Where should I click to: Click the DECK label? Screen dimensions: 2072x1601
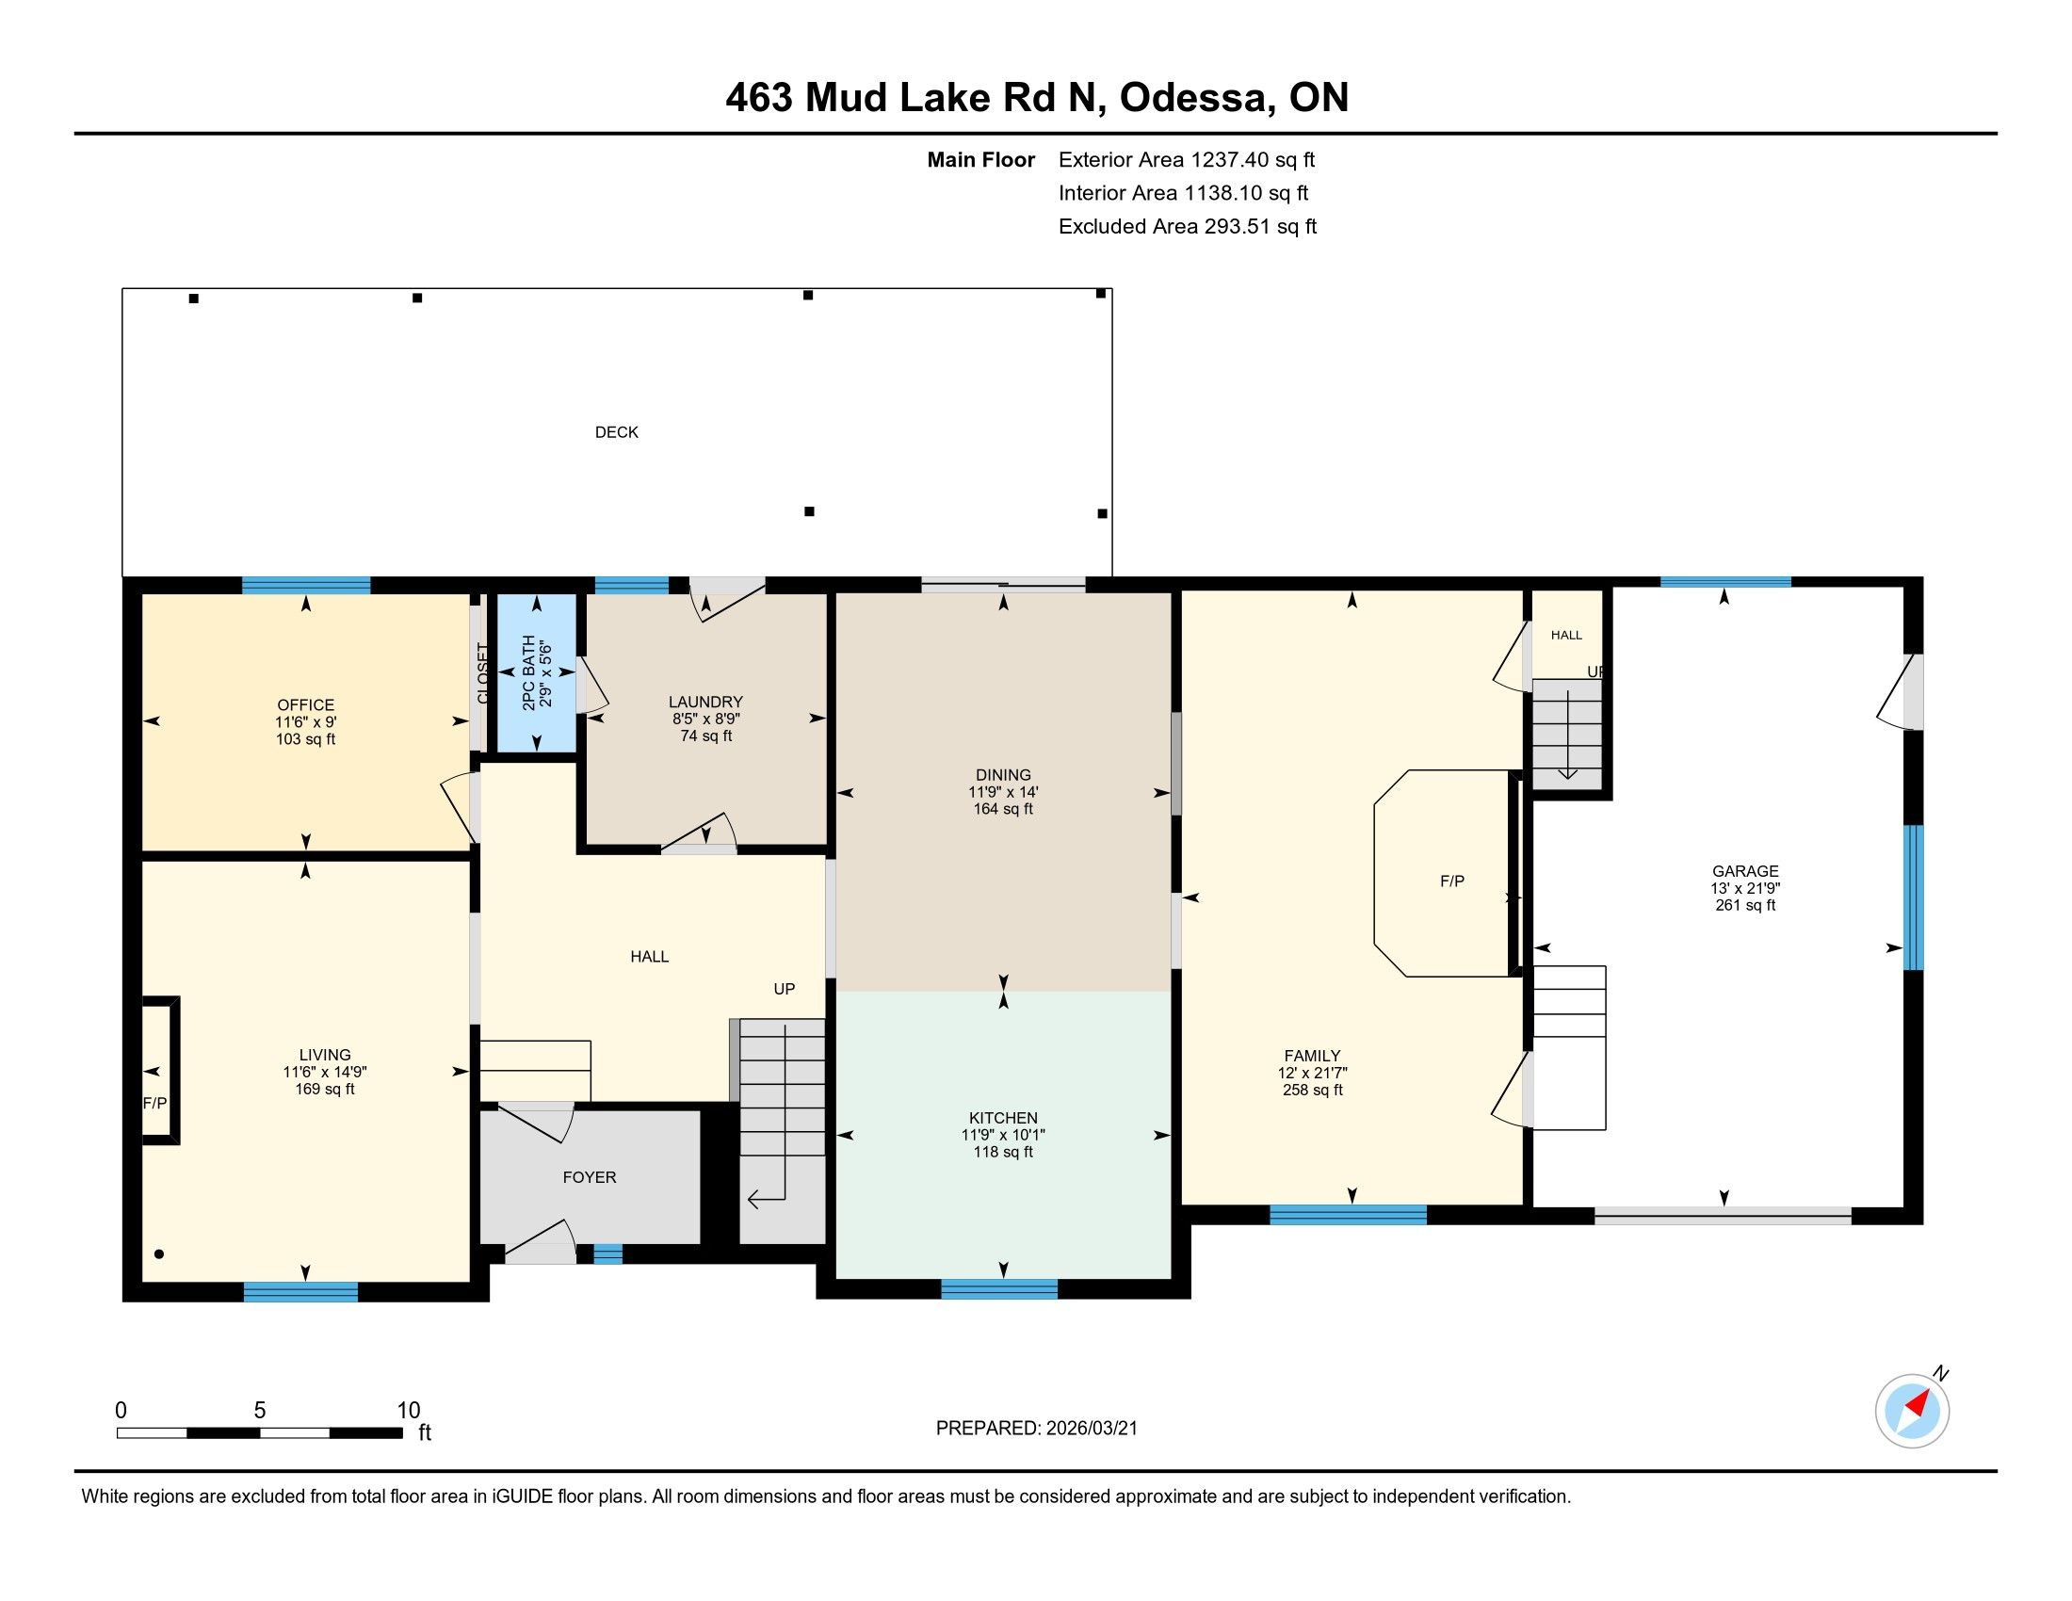pos(617,432)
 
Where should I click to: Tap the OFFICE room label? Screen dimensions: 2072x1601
pos(305,704)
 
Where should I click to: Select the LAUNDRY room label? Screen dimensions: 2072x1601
pos(705,702)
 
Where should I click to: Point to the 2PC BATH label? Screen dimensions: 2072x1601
pos(528,673)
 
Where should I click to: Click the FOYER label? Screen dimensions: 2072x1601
pos(590,1177)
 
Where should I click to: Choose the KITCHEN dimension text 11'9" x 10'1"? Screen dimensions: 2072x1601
pos(1003,1136)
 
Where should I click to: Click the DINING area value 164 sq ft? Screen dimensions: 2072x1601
pos(1003,809)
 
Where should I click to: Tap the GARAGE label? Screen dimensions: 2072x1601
pos(1744,871)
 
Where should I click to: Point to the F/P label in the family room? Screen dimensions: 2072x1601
pos(1452,881)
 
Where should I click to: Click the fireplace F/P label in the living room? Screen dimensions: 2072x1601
pos(154,1103)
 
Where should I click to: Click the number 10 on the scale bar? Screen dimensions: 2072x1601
pos(408,1411)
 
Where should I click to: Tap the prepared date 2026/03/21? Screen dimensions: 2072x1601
pos(1091,1429)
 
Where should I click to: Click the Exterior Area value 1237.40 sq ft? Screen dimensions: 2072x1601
pos(1254,160)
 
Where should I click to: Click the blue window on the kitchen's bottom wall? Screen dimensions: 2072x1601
pos(999,1289)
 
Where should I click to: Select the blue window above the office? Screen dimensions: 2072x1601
pos(305,585)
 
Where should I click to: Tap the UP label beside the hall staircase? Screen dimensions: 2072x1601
pos(784,988)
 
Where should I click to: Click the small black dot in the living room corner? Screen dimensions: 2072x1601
pos(159,1253)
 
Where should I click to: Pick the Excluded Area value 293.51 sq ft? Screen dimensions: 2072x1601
pos(1261,227)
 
